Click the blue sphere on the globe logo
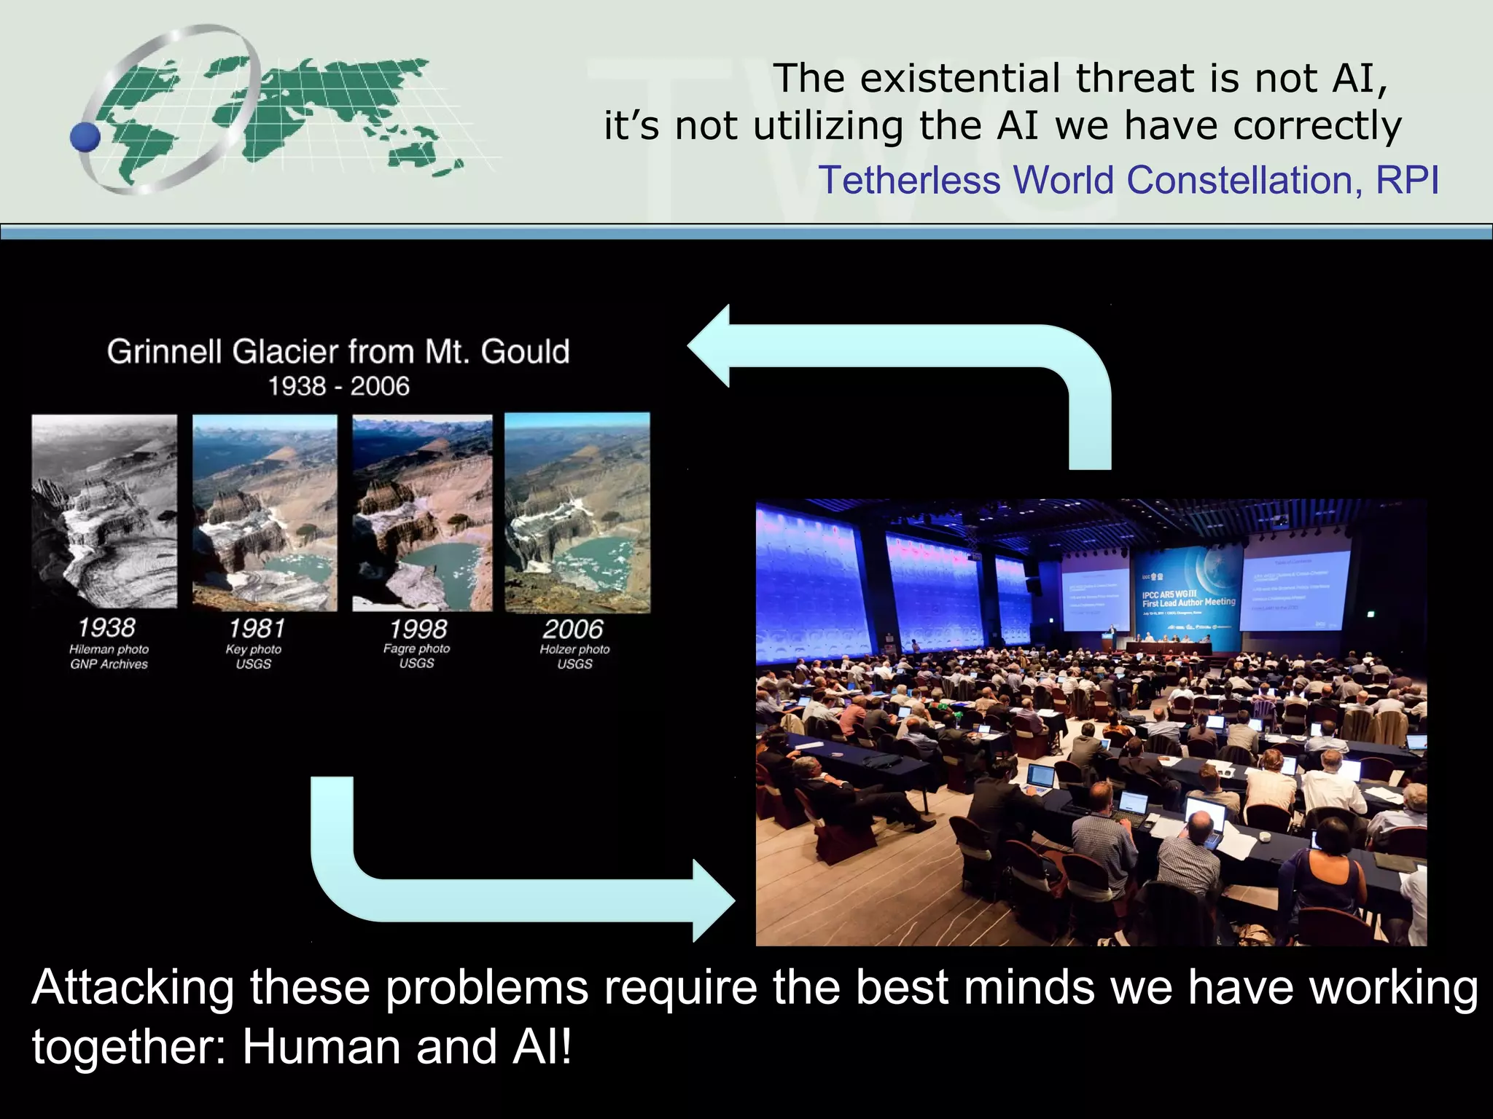(85, 137)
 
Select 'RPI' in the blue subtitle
(1407, 180)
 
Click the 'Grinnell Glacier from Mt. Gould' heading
(338, 352)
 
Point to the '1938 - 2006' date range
(338, 386)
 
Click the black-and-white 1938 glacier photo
(104, 511)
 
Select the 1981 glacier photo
(265, 513)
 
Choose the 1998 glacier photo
(422, 513)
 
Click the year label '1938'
(106, 628)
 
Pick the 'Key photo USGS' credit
(254, 656)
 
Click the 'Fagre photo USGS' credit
(417, 656)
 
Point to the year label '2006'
(574, 629)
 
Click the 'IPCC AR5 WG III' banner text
(1169, 594)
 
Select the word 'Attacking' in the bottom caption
(132, 988)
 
